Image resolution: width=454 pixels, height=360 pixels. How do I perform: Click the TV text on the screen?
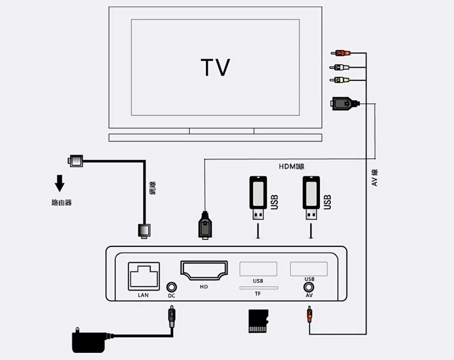(215, 67)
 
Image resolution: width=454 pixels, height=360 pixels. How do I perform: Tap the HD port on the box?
(203, 271)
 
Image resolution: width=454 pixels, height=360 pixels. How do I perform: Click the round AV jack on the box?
(309, 288)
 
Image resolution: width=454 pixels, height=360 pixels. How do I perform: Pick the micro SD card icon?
(258, 321)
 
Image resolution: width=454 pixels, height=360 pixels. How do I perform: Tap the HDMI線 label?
(291, 167)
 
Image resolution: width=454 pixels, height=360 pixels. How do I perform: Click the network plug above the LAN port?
(145, 230)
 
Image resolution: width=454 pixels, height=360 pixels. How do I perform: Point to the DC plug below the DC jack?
(171, 317)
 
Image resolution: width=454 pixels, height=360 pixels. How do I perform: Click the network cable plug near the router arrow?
(76, 161)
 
